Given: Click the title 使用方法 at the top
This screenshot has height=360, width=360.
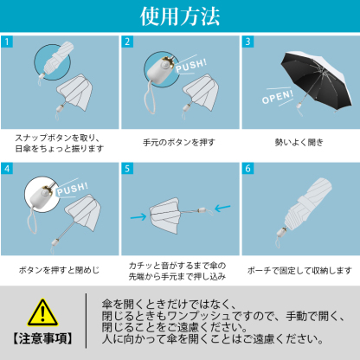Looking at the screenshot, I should (180, 16).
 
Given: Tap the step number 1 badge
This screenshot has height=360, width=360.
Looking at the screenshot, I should (8, 42).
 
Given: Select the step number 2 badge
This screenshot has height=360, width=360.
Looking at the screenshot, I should (127, 42).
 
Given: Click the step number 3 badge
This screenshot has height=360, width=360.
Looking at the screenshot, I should (247, 42).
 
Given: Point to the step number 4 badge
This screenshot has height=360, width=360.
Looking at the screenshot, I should (8, 169).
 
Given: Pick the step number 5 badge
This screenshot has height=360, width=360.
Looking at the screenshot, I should (127, 169).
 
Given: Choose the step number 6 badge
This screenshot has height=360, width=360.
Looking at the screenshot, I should (247, 169).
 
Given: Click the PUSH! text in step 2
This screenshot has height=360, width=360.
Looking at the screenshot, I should (190, 68).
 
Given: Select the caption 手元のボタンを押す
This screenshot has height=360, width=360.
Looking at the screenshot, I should (179, 141).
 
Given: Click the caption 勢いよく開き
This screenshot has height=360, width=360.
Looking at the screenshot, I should (299, 141).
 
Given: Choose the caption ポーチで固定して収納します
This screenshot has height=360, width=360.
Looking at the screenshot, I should (299, 269).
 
